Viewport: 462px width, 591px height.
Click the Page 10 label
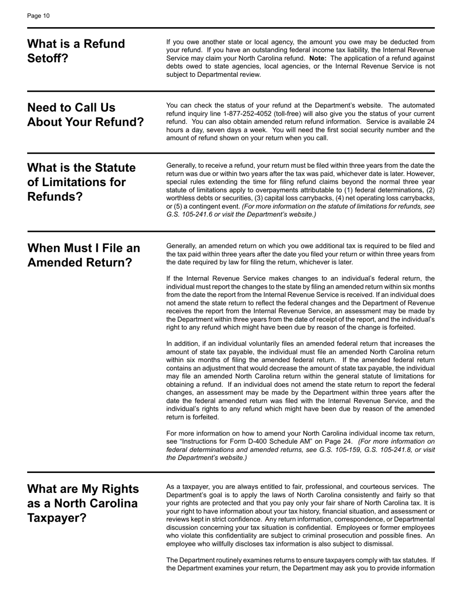pyautogui.click(x=38, y=16)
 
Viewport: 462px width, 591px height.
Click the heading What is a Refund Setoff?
pyautogui.click(x=76, y=51)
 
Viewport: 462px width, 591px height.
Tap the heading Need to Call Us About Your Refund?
pyautogui.click(x=86, y=115)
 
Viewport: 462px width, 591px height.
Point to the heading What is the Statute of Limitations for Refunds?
pyautogui.click(x=81, y=182)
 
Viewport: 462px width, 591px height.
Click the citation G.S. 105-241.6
pyautogui.click(x=191, y=214)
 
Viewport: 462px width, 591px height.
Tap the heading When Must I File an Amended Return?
pyautogui.click(x=83, y=255)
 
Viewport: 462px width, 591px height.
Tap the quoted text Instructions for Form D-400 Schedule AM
pyautogui.click(x=249, y=441)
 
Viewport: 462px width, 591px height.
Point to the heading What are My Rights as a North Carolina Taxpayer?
pyautogui.click(x=83, y=503)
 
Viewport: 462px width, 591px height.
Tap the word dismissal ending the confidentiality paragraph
pyautogui.click(x=377, y=544)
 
